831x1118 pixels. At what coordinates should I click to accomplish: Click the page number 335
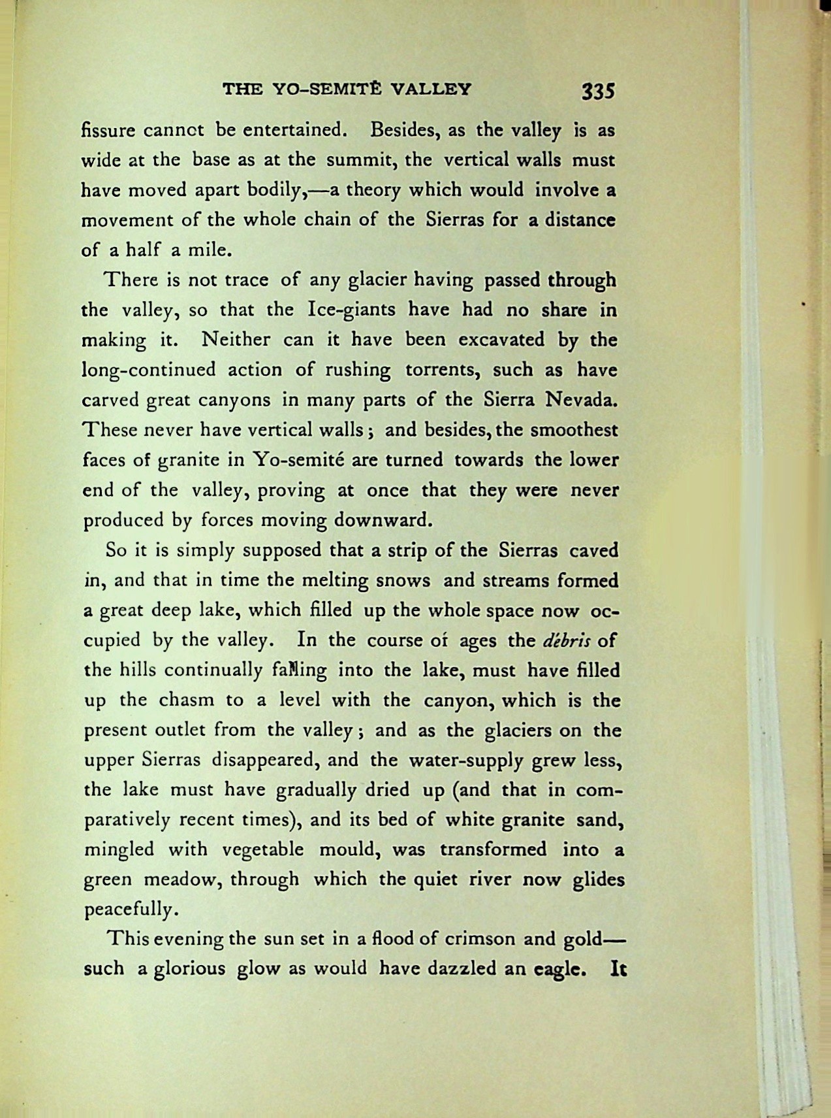point(599,90)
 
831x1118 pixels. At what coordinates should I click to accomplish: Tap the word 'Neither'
point(236,339)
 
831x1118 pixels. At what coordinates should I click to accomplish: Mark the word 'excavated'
point(498,339)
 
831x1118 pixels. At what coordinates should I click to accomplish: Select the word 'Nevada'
point(582,399)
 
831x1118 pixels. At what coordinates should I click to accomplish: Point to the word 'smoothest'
point(574,430)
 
